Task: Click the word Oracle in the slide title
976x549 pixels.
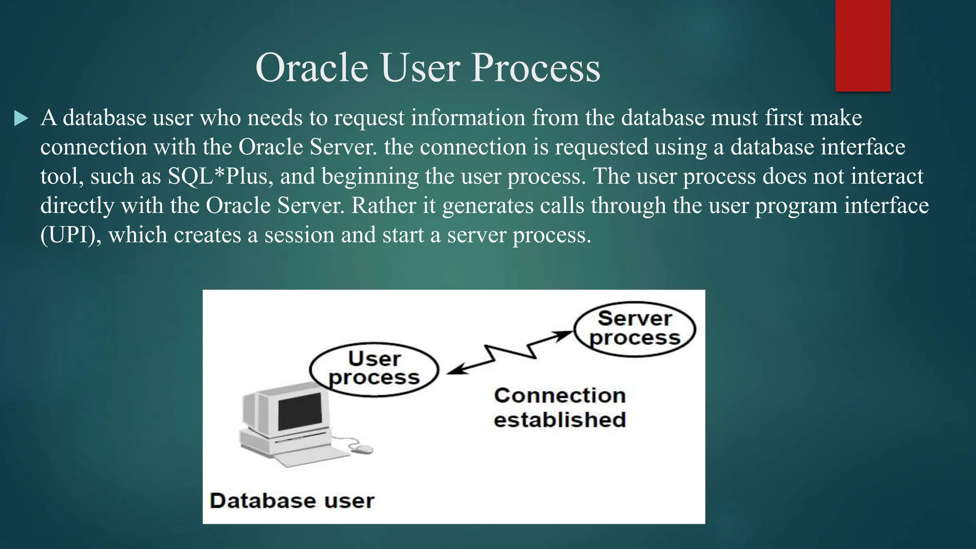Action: pyautogui.click(x=311, y=68)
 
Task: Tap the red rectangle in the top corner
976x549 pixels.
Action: pyautogui.click(x=863, y=45)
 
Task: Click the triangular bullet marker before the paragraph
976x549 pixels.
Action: pyautogui.click(x=21, y=118)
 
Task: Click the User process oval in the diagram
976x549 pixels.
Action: pyautogui.click(x=374, y=369)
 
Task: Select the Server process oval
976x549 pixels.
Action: pyautogui.click(x=634, y=328)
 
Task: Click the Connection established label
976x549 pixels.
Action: pyautogui.click(x=559, y=407)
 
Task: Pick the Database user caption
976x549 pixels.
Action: pyautogui.click(x=292, y=501)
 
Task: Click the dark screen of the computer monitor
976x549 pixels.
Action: pyautogui.click(x=300, y=411)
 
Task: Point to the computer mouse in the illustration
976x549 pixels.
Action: pyautogui.click(x=363, y=449)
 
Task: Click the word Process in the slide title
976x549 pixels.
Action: pyautogui.click(x=536, y=68)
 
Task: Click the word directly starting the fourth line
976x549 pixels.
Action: pyautogui.click(x=77, y=206)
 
